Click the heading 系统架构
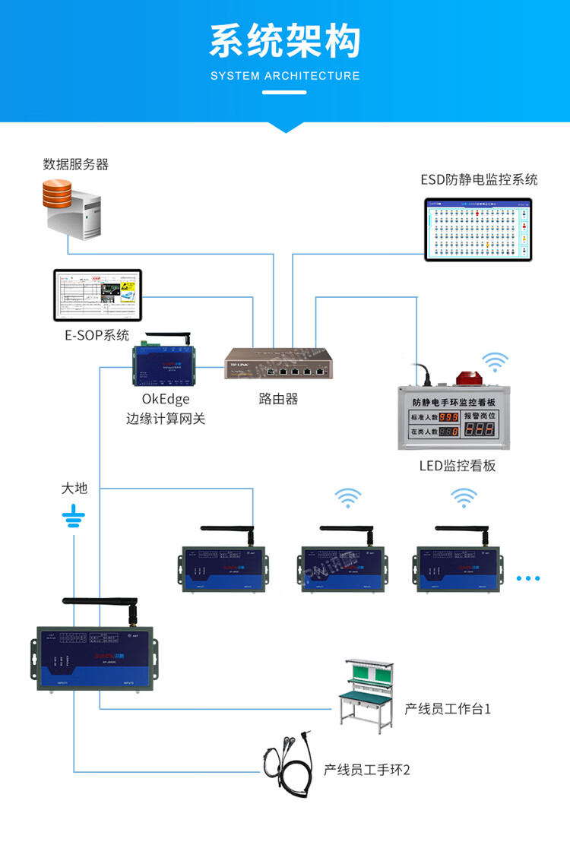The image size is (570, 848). click(x=284, y=41)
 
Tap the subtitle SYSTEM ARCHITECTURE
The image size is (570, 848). click(x=284, y=76)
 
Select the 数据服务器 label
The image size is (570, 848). click(x=76, y=164)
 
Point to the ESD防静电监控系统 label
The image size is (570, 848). click(x=479, y=179)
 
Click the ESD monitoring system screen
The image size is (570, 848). click(x=479, y=229)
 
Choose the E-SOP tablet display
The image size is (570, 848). click(x=98, y=295)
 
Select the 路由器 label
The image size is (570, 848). click(x=278, y=398)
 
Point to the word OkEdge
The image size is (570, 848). click(x=165, y=399)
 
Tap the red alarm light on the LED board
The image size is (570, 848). click(x=464, y=378)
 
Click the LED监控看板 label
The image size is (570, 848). click(x=458, y=466)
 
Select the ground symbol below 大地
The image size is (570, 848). click(x=74, y=518)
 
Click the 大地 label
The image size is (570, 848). click(x=74, y=488)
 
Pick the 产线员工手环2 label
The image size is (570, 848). click(x=367, y=770)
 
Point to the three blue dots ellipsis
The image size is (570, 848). click(x=527, y=579)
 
